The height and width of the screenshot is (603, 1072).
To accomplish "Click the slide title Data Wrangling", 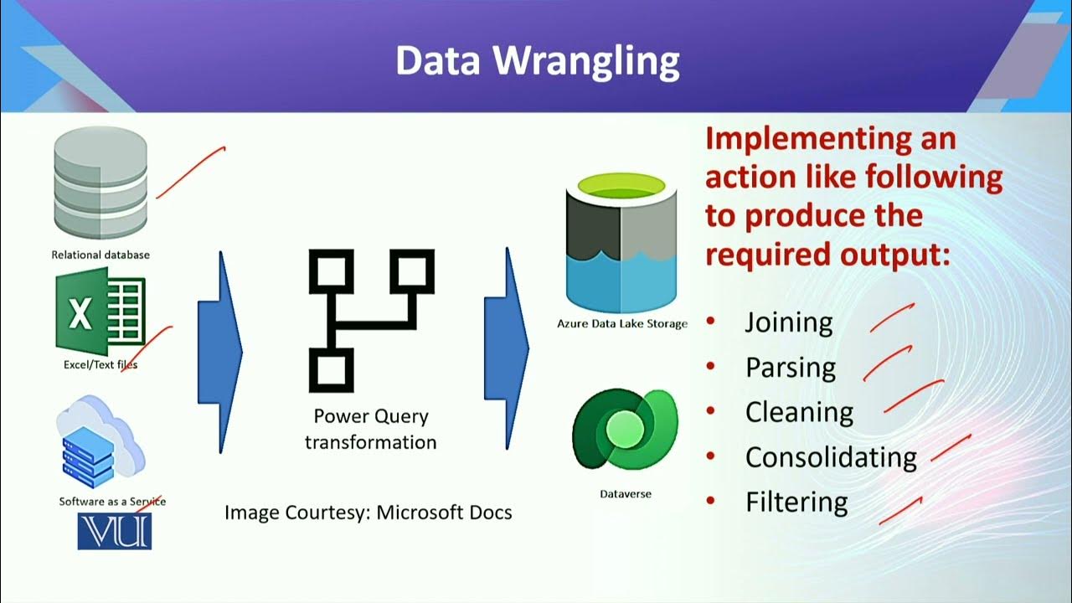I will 537,61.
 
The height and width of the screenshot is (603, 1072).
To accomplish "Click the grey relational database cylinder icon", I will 100,183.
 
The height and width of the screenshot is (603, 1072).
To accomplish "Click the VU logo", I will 115,531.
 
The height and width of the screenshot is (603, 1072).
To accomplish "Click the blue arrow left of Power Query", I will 219,352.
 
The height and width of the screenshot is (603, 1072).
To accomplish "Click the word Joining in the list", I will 788,323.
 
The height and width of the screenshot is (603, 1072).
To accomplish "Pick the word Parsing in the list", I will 790,368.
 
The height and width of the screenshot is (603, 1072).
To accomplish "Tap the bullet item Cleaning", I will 799,412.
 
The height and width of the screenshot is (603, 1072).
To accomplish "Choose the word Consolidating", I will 831,457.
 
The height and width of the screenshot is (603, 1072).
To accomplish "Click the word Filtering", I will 796,502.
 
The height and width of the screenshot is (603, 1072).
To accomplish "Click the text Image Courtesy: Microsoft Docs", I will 368,512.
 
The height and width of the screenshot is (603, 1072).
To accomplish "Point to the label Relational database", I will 100,255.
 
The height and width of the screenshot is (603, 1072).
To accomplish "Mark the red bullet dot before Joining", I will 711,322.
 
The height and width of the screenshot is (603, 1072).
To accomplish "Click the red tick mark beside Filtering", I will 901,511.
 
